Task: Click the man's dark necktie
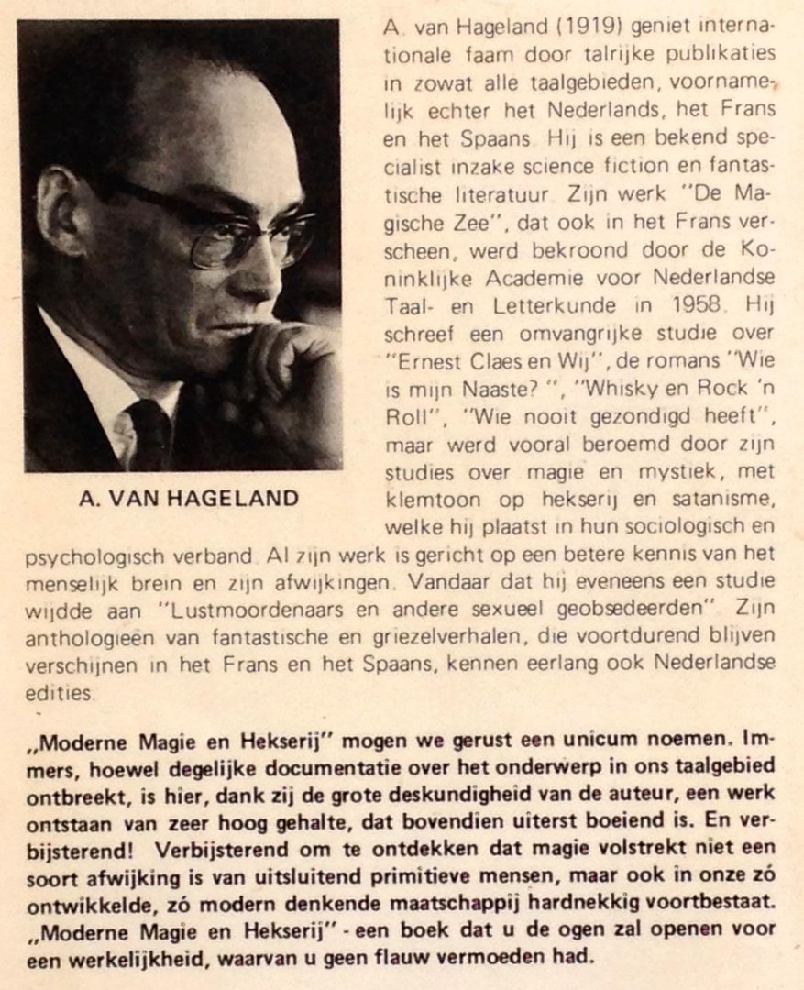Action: (x=147, y=432)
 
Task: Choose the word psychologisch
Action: (x=82, y=555)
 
